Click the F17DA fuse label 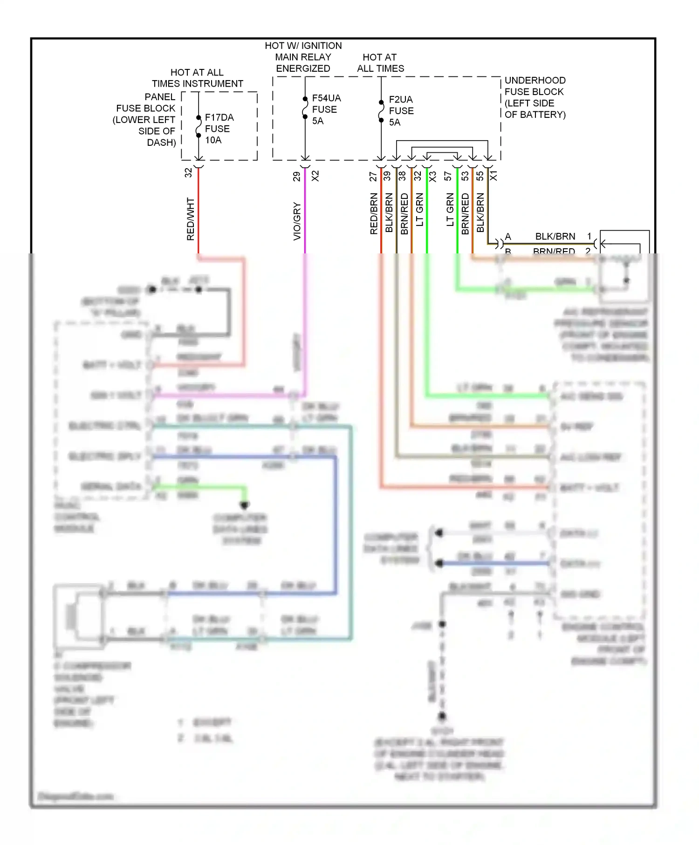pyautogui.click(x=219, y=117)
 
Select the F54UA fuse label pyautogui.click(x=326, y=98)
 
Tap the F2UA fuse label pyautogui.click(x=401, y=100)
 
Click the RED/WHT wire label pyautogui.click(x=191, y=219)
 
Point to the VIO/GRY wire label pyautogui.click(x=297, y=221)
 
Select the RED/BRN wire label pyautogui.click(x=374, y=214)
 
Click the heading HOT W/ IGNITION pyautogui.click(x=303, y=46)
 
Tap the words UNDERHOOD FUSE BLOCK pyautogui.click(x=535, y=86)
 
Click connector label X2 pyautogui.click(x=315, y=176)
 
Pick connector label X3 pyautogui.click(x=433, y=177)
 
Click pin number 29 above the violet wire pyautogui.click(x=297, y=177)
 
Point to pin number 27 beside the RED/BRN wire pyautogui.click(x=373, y=177)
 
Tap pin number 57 pyautogui.click(x=448, y=176)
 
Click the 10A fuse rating pyautogui.click(x=213, y=140)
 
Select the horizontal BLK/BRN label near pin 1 pyautogui.click(x=555, y=237)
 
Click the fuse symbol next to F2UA pyautogui.click(x=381, y=111)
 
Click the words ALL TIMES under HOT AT pyautogui.click(x=380, y=68)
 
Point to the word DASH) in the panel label pyautogui.click(x=161, y=143)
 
